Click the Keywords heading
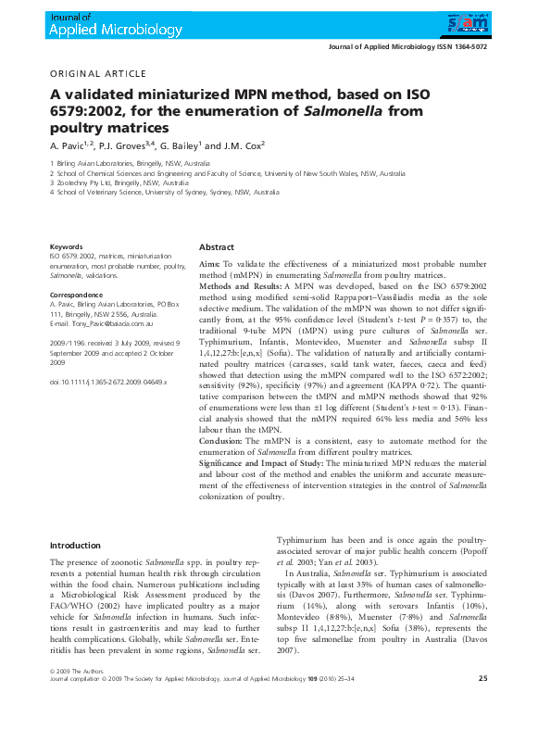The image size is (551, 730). [67, 247]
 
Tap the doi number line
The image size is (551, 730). [108, 382]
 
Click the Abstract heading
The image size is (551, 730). [217, 248]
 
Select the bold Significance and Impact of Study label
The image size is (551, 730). [262, 460]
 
